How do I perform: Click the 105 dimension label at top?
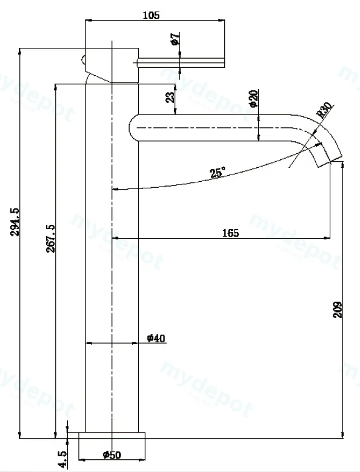151,15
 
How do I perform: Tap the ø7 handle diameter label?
175,39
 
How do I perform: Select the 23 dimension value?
170,97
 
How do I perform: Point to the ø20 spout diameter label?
253,98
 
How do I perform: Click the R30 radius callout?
325,110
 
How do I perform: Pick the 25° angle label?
218,173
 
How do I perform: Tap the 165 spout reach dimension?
230,233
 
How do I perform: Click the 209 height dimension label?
338,310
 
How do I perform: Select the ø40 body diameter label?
156,338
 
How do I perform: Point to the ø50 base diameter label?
112,454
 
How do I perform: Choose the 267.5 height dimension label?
50,238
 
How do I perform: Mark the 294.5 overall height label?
15,222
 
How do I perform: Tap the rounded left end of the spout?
133,128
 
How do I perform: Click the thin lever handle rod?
181,62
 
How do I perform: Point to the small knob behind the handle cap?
84,60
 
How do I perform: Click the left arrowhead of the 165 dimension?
115,238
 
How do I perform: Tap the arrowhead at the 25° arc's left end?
115,189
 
